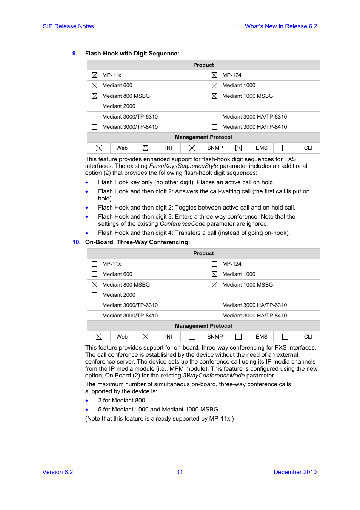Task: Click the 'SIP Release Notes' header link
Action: click(x=68, y=26)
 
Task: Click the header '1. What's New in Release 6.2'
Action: click(x=277, y=26)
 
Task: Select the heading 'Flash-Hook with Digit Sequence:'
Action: click(x=132, y=54)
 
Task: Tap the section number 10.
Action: click(x=76, y=242)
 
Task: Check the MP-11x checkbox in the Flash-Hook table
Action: click(x=95, y=75)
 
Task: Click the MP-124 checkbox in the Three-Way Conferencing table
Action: click(x=214, y=264)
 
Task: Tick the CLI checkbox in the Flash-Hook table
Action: click(x=285, y=148)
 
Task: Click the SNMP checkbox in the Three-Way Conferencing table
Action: click(x=192, y=337)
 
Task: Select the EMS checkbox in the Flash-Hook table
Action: click(x=238, y=148)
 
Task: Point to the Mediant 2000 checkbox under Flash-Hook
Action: click(x=95, y=106)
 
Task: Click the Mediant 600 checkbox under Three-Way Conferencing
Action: click(x=95, y=274)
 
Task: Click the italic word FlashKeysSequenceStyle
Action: click(x=183, y=166)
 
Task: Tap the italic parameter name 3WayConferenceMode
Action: click(x=214, y=376)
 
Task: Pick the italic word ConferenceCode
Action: click(x=182, y=224)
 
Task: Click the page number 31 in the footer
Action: click(x=180, y=472)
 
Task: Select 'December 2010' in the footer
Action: click(x=295, y=472)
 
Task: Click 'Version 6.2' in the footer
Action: click(x=58, y=472)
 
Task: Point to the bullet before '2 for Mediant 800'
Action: click(x=87, y=401)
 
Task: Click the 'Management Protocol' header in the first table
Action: click(x=203, y=137)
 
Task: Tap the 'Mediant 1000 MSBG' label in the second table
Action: click(x=248, y=285)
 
